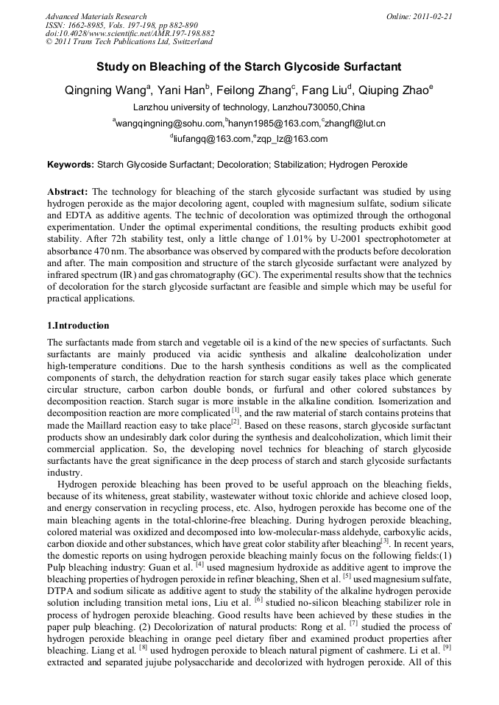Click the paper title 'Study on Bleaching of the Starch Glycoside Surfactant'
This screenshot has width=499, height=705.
(249, 67)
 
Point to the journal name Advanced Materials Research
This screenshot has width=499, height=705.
(96, 16)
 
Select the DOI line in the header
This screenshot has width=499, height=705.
(130, 34)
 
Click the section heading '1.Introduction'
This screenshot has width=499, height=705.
(78, 326)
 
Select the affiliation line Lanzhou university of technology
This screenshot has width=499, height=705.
(249, 107)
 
